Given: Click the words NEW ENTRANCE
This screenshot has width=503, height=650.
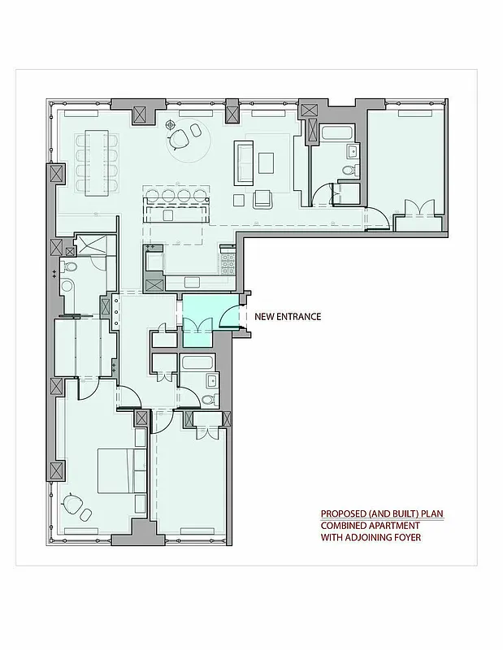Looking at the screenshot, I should point(288,317).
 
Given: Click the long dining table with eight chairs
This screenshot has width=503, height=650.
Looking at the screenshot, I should point(98,161).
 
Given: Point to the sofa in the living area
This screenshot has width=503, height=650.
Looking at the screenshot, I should point(244,161).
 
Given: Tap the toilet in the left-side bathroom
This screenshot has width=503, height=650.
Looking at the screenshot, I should point(70,266).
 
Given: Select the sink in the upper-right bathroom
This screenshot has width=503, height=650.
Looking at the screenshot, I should point(353,150).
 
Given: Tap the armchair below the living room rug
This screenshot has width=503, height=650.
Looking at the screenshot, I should point(263,198).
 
